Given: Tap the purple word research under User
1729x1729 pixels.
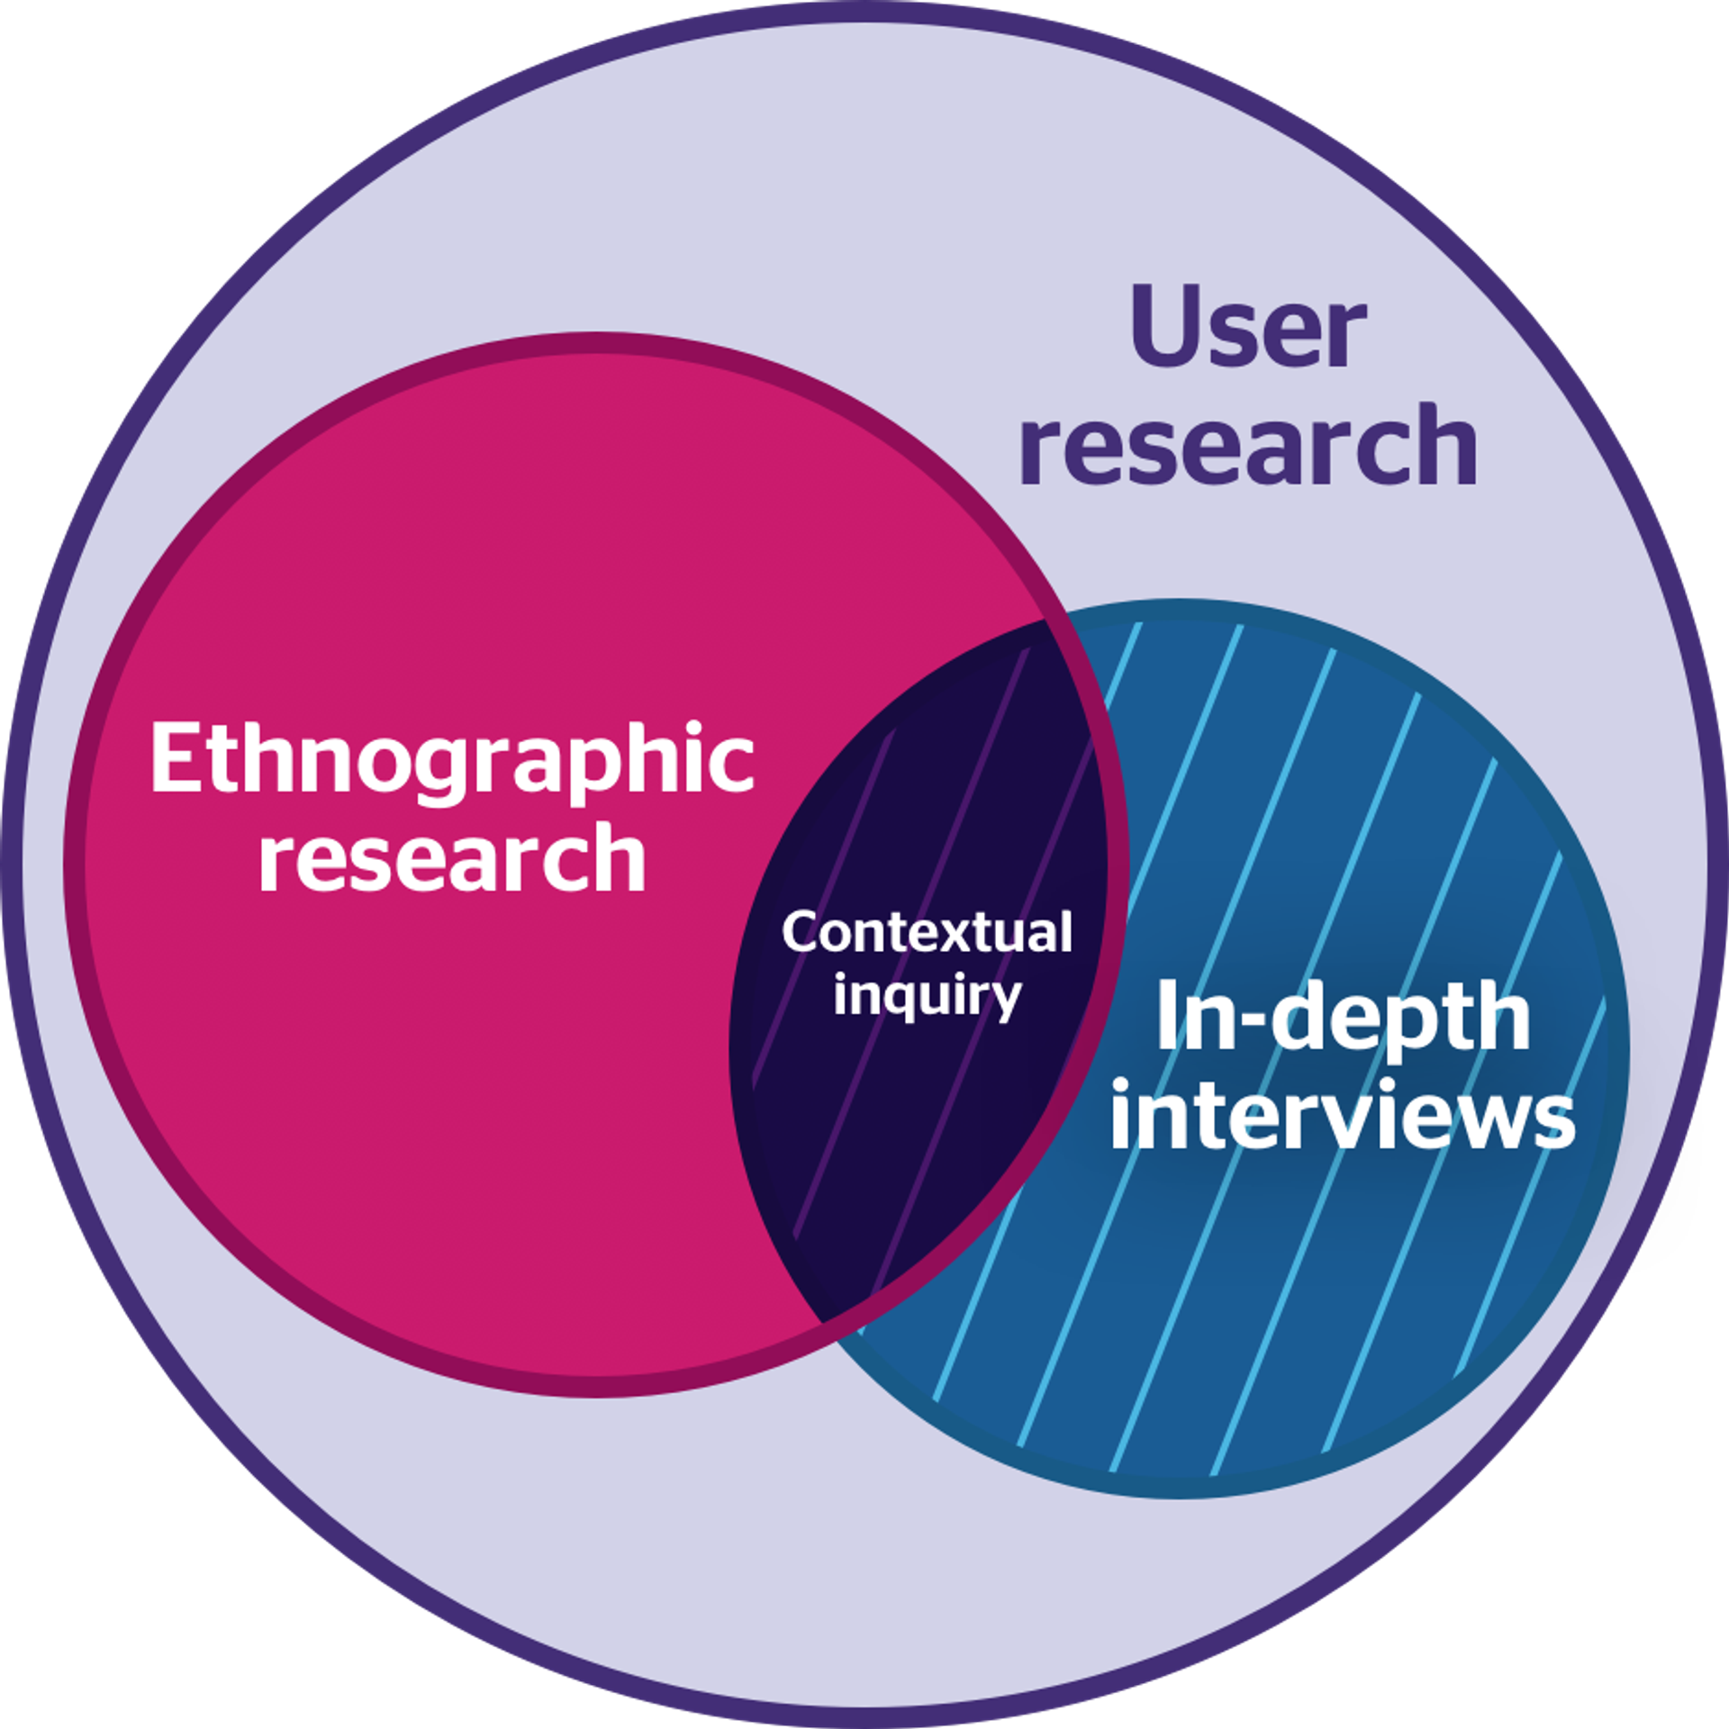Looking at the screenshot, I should (x=1248, y=443).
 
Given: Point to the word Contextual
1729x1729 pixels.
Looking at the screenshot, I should (x=927, y=932).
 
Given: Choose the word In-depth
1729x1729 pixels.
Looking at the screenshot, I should (x=1343, y=1017).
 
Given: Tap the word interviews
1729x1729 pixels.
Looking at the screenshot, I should (x=1343, y=1117).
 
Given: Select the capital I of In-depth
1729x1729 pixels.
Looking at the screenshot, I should (x=1169, y=1015).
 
